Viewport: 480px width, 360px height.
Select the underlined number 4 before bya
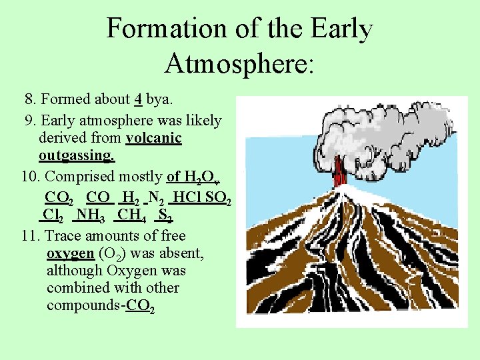(x=137, y=99)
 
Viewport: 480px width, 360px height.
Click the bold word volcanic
(x=153, y=138)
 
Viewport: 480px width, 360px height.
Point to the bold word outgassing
(x=77, y=156)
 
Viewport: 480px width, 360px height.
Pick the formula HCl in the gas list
(x=189, y=197)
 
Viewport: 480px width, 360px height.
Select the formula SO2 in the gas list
(x=219, y=198)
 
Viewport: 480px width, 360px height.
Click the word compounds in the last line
(x=83, y=306)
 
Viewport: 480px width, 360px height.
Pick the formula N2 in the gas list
(x=157, y=197)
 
